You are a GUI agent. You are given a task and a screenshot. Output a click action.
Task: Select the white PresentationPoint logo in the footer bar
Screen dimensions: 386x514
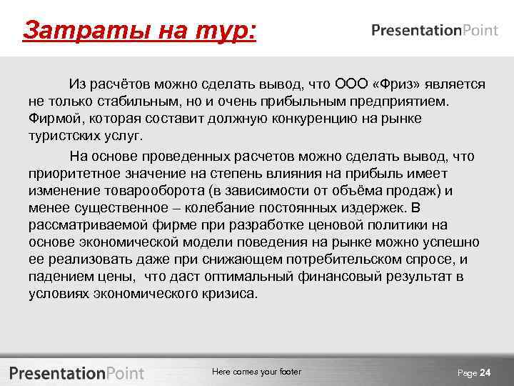pos(76,373)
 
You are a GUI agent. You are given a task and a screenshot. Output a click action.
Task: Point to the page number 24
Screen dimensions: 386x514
pos(485,373)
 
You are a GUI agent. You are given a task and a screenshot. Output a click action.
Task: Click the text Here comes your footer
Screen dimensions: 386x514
pos(257,372)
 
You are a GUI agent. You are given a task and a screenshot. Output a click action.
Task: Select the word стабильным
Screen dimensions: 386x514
pos(118,101)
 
